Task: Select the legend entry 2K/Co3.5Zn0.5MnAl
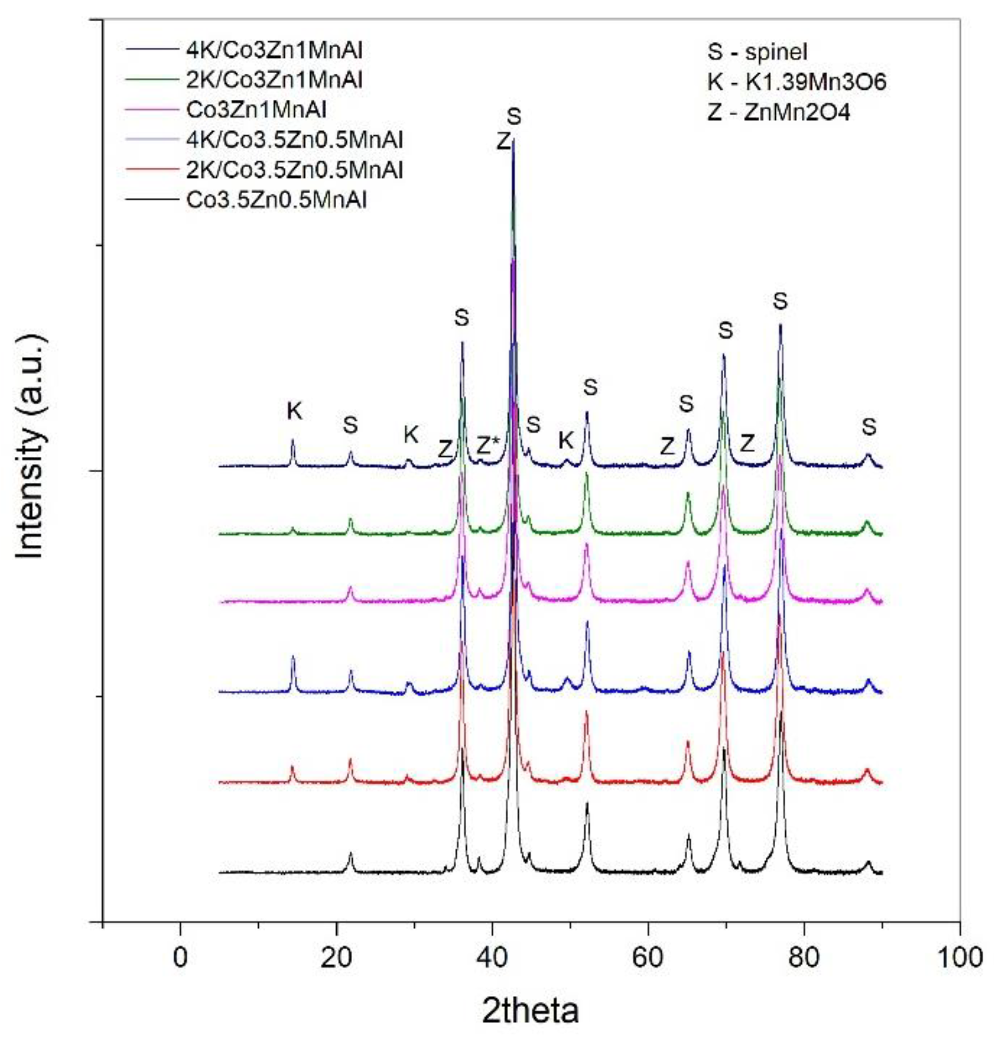coord(294,170)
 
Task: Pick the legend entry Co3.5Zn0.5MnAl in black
coord(276,200)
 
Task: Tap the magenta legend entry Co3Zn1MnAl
coord(256,110)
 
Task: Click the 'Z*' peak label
coord(487,446)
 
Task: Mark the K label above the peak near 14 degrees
coord(294,410)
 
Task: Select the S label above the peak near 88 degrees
coord(869,427)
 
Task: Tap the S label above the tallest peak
coord(514,116)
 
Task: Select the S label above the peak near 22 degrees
coord(350,424)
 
